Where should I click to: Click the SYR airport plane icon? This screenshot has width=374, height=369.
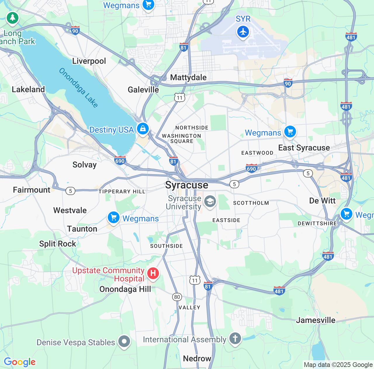pos(243,32)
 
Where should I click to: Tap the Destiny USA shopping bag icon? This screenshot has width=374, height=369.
pos(143,129)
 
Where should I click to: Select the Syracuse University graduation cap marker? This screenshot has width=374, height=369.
pos(210,201)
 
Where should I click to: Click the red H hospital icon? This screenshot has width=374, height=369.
pos(153,274)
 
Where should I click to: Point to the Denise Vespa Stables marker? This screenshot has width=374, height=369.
pos(124,341)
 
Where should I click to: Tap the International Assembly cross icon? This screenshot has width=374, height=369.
pos(235,339)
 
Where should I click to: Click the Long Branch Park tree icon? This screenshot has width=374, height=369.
pos(12,18)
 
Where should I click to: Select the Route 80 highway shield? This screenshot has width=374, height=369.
pos(177,297)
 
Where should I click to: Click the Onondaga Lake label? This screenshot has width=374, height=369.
pos(78,88)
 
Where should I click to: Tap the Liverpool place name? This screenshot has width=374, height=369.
pos(89,61)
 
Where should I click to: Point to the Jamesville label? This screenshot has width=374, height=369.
pos(316,320)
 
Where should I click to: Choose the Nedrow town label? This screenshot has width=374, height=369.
pos(197,358)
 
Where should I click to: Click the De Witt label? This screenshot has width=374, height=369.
pos(322,201)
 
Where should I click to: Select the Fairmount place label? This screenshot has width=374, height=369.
pos(32,190)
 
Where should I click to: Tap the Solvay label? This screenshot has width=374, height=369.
pos(84,165)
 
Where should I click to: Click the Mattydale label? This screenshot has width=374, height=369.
pos(188,77)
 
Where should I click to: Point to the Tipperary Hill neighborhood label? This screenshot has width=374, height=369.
pos(122,192)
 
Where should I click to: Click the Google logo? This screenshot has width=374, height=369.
pos(20,362)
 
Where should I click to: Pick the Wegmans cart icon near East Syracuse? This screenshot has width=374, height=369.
pos(290,131)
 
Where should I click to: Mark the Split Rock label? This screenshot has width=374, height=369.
pos(58,244)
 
